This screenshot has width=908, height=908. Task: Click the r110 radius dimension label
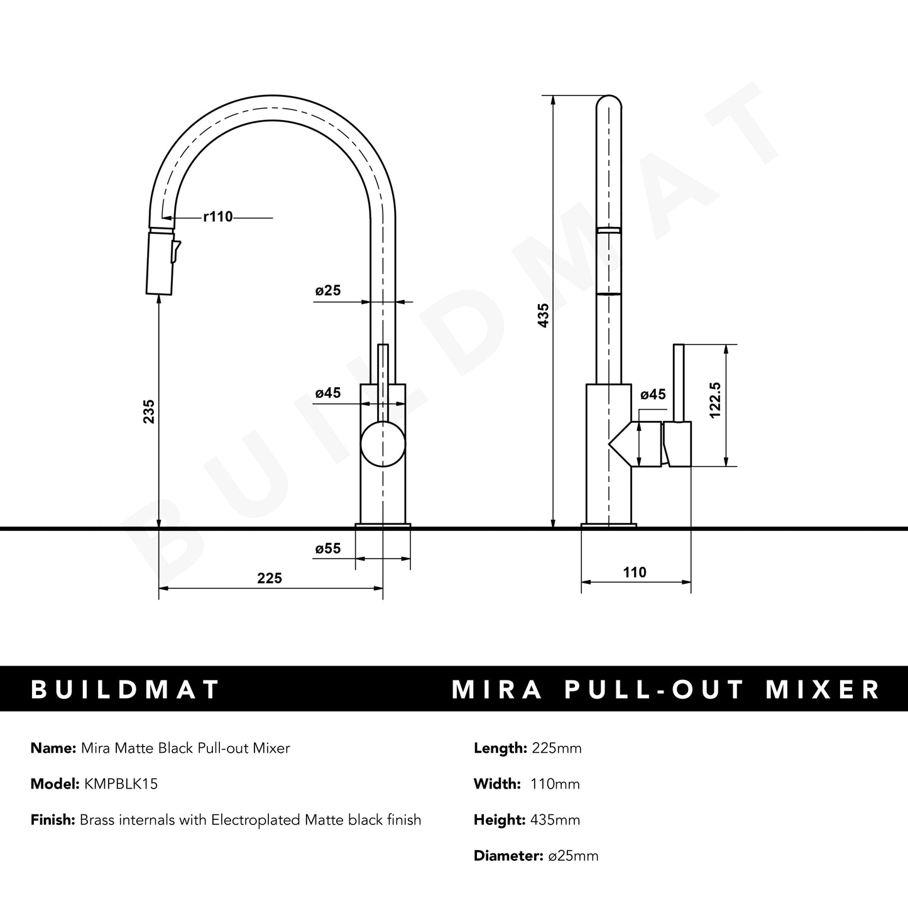click(x=218, y=217)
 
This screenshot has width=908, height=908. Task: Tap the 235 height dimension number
click(x=149, y=411)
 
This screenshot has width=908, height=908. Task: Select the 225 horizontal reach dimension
click(x=270, y=578)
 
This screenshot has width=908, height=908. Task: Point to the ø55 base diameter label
click(x=327, y=549)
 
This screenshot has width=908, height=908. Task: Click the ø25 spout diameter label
click(x=327, y=290)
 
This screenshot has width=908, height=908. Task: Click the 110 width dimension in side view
click(x=635, y=572)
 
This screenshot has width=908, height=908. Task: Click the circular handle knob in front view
click(x=383, y=444)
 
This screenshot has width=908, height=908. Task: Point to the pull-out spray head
click(x=158, y=263)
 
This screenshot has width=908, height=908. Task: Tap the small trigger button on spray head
click(x=176, y=250)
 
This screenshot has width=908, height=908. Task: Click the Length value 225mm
click(x=556, y=748)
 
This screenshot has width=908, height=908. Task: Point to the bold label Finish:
click(x=53, y=820)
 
